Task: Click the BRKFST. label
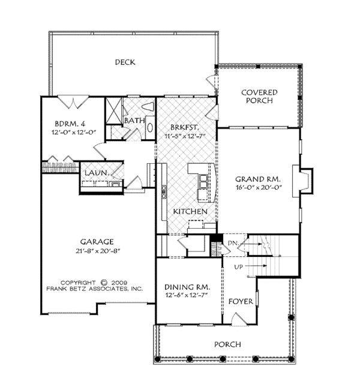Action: coord(182,127)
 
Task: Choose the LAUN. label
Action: coord(96,173)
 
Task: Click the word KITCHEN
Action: coord(190,212)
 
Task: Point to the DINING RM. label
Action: coord(187,288)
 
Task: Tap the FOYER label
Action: coord(241,300)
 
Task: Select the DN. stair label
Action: coord(234,243)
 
